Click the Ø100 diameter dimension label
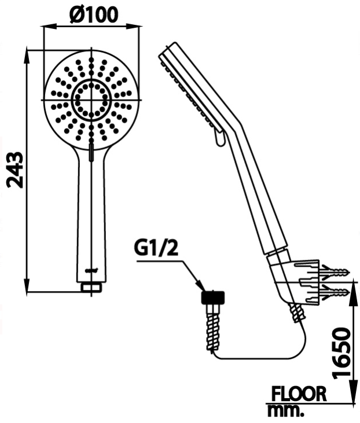[x=93, y=13]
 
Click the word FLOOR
[x=299, y=394]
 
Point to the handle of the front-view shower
[x=91, y=214]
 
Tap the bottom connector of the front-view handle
[x=91, y=286]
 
